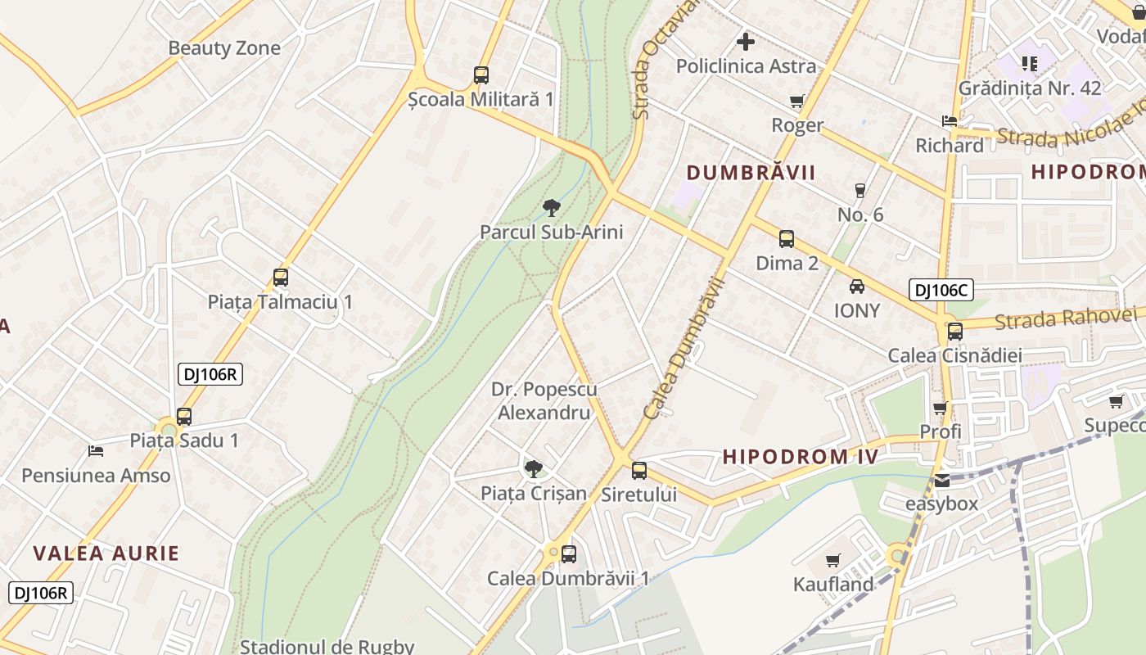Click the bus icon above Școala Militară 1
[481, 75]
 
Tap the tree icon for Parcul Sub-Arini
[552, 208]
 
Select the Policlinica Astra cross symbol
[746, 41]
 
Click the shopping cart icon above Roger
[797, 102]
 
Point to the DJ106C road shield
[940, 290]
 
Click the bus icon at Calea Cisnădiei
[954, 332]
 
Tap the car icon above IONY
[857, 287]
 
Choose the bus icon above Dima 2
[787, 239]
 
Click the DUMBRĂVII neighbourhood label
[751, 173]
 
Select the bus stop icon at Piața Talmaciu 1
[281, 278]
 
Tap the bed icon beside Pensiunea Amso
[96, 451]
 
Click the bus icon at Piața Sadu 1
[184, 417]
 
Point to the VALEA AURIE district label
[106, 553]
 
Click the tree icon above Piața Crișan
[533, 469]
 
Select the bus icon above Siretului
[639, 471]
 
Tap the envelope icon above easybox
[941, 481]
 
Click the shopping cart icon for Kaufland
[833, 561]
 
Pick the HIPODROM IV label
[801, 457]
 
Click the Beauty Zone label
[224, 48]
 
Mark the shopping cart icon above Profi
[940, 408]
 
